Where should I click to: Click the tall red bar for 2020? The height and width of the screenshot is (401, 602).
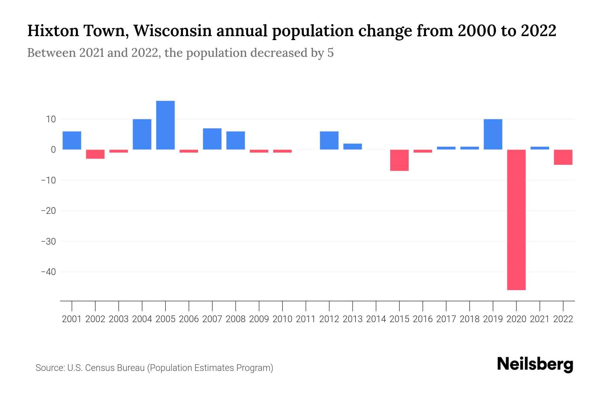(516, 220)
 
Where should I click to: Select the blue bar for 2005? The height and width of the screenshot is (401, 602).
(166, 125)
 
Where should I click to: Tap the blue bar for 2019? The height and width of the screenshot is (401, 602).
(493, 134)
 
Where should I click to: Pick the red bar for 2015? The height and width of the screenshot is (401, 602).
(399, 160)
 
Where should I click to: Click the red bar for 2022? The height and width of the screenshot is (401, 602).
(563, 157)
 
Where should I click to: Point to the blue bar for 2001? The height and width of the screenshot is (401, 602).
(72, 140)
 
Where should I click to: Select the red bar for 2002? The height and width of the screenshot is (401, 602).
(95, 154)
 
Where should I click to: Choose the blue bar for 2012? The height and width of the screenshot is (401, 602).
(329, 140)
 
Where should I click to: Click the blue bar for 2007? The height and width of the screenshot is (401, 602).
(212, 139)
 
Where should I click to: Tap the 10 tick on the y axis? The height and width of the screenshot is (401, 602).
(49, 119)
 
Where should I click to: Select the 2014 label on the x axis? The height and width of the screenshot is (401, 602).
(376, 319)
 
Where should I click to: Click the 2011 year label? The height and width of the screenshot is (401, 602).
(306, 319)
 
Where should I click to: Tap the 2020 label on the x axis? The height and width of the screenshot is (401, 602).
(516, 319)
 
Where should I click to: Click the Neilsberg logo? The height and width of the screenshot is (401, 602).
(535, 365)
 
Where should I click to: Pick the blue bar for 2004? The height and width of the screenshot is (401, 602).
(142, 134)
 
